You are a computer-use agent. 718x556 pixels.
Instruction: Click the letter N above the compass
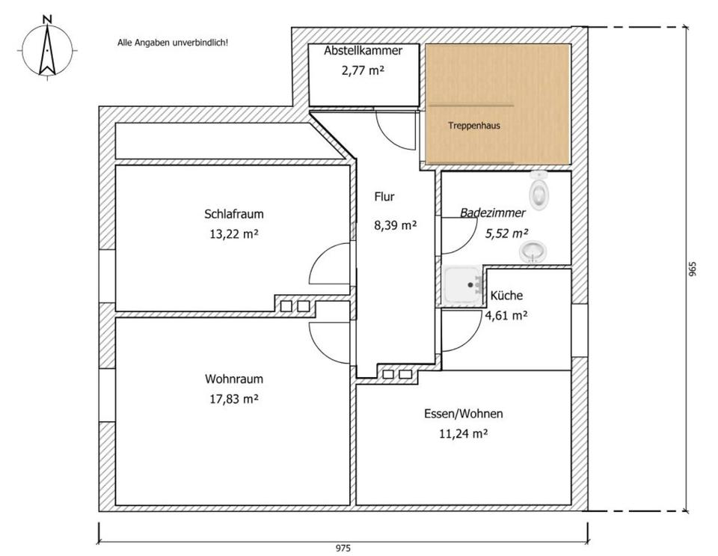(x=47, y=19)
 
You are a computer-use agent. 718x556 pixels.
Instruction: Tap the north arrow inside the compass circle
(x=47, y=50)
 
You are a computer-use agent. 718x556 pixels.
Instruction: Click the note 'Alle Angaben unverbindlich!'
(x=173, y=43)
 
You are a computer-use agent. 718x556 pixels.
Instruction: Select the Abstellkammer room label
(x=363, y=50)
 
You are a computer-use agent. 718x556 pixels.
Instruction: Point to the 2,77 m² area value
(x=363, y=70)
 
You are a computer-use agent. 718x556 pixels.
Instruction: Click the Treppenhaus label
(x=474, y=126)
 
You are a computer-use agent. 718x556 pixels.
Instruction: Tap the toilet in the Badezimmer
(x=539, y=191)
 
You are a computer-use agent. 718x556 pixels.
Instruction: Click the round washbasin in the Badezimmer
(x=533, y=252)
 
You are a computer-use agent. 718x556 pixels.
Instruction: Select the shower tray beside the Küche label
(x=463, y=285)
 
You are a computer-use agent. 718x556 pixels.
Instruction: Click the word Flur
(x=384, y=197)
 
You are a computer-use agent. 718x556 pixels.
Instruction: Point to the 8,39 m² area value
(x=395, y=225)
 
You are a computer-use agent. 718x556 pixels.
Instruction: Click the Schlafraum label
(x=234, y=214)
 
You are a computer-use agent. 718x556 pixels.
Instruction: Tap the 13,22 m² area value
(x=234, y=234)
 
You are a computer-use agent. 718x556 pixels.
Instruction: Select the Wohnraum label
(x=234, y=379)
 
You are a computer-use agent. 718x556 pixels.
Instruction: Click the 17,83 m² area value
(x=234, y=399)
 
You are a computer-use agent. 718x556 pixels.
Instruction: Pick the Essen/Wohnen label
(x=464, y=414)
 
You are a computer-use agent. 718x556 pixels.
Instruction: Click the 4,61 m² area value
(x=506, y=315)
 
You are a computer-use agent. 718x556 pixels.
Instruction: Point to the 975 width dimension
(x=343, y=548)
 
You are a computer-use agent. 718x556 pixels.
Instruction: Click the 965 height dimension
(x=693, y=269)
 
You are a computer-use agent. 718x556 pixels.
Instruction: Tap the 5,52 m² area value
(x=507, y=233)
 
